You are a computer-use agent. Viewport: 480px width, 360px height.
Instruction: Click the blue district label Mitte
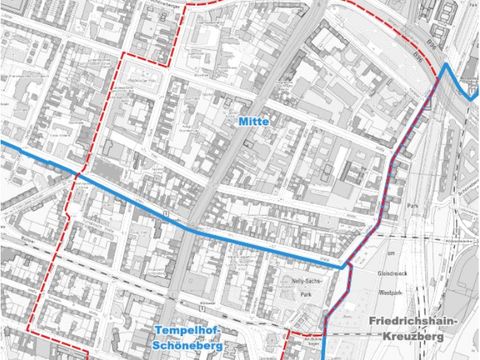coord(255,121)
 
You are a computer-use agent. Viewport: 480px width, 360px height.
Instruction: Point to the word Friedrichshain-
coord(411,323)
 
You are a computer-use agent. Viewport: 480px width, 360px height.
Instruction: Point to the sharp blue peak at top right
coord(446,64)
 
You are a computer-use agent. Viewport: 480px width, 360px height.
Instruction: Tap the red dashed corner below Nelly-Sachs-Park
coord(289,330)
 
